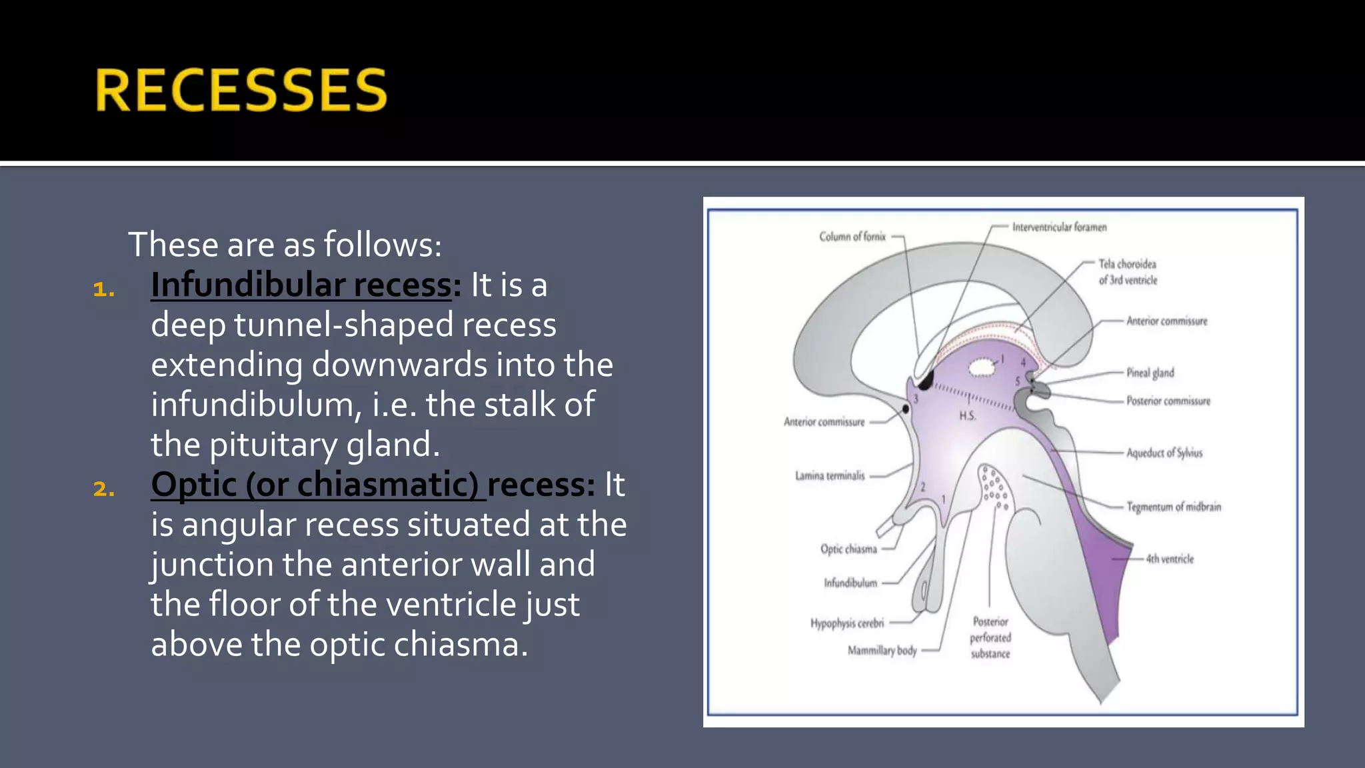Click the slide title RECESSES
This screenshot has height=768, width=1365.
(241, 90)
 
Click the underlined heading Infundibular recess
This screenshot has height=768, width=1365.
(301, 285)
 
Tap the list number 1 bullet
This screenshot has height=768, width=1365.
(104, 289)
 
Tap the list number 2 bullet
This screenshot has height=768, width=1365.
(104, 489)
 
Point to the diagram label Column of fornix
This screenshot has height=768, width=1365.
(852, 237)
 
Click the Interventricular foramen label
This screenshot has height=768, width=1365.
(1059, 227)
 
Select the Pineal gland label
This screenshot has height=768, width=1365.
(1150, 373)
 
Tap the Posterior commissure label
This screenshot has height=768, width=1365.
(1168, 401)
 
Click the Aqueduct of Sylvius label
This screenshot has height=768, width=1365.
(1164, 453)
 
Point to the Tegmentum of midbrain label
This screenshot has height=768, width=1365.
(1174, 507)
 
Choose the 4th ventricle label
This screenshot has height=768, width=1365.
(1170, 559)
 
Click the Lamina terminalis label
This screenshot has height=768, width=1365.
(829, 476)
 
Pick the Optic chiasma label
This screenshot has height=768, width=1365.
(848, 549)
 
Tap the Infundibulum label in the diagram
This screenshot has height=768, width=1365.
(850, 583)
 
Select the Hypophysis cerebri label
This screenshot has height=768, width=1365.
(847, 623)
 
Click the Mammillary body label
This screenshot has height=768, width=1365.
(882, 650)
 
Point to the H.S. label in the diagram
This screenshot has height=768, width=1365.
(967, 416)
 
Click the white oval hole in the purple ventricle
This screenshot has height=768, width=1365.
(981, 367)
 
